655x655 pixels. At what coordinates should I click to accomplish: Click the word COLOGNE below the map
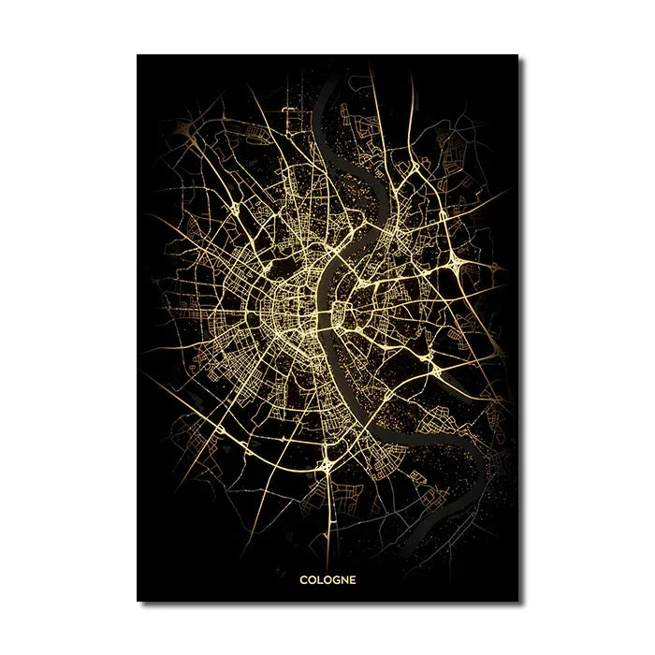(x=327, y=579)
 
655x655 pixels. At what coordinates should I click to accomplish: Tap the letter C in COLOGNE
(x=303, y=579)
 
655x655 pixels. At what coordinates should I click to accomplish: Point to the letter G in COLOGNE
(x=333, y=579)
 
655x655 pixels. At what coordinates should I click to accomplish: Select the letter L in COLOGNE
(x=318, y=579)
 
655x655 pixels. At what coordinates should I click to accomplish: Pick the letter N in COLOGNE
(x=342, y=579)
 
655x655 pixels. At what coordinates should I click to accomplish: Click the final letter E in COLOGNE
(x=352, y=579)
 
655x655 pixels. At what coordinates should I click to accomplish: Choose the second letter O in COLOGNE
(x=325, y=579)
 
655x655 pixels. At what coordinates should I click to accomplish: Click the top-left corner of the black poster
(x=138, y=55)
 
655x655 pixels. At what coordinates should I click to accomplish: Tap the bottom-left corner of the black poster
(x=138, y=601)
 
